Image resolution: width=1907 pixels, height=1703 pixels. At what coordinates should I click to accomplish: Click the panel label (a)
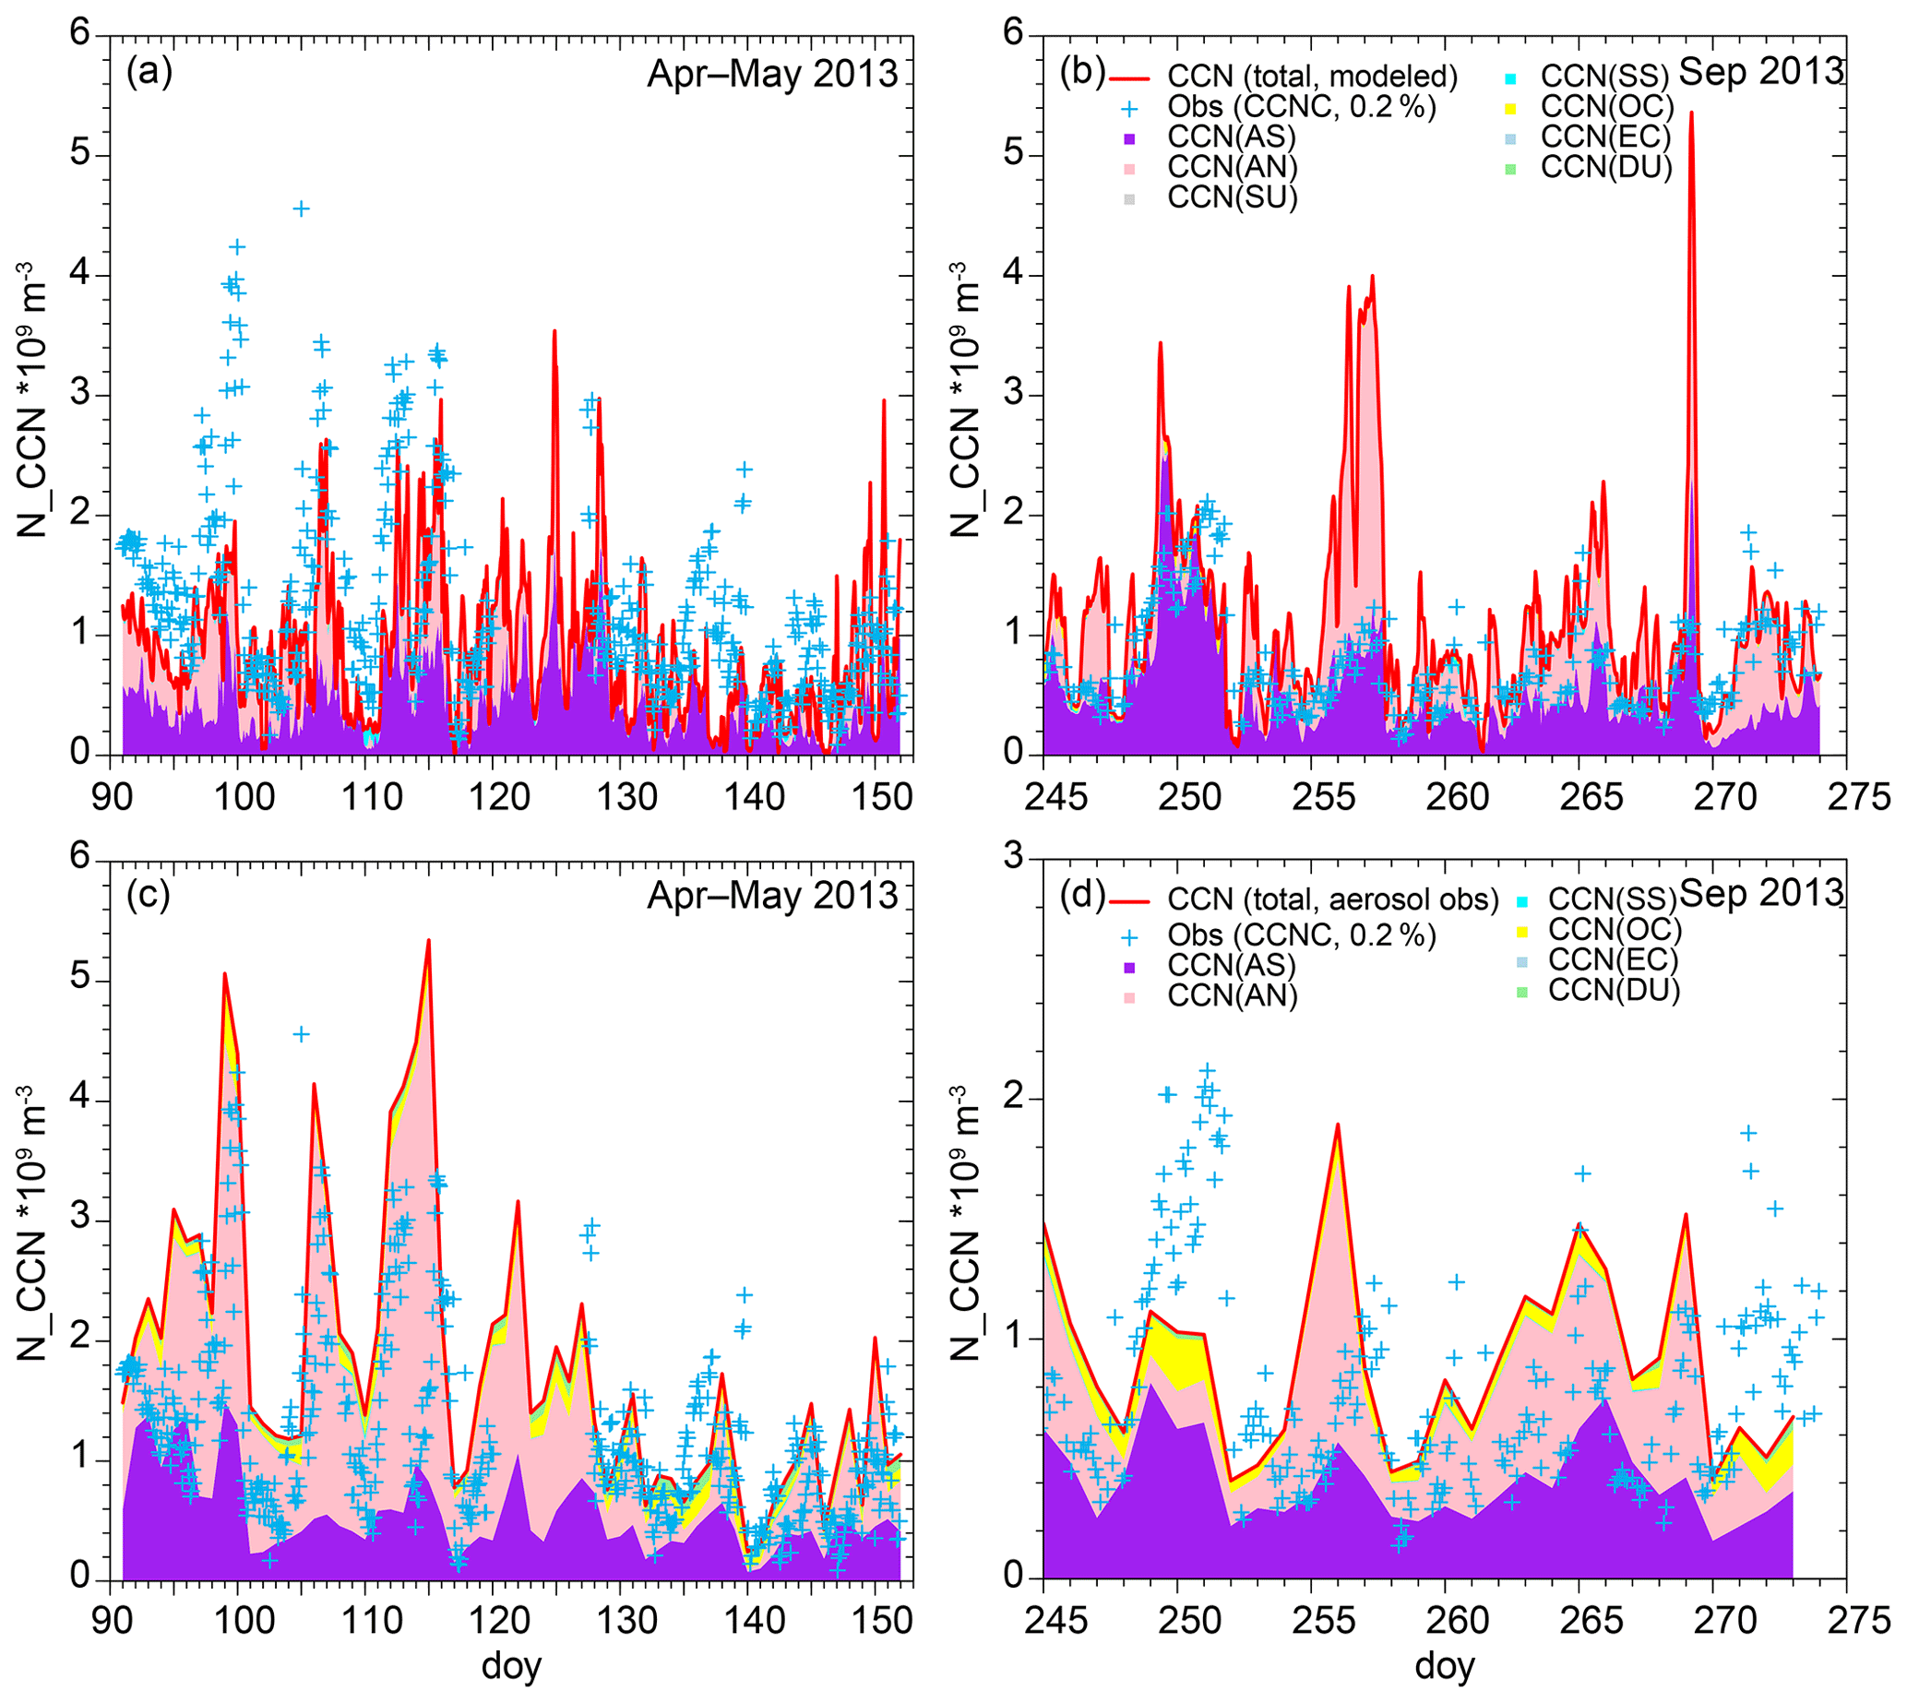149,72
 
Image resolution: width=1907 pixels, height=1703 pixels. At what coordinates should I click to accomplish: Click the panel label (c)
149,895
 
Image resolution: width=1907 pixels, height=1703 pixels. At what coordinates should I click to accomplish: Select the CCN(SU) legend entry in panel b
1233,198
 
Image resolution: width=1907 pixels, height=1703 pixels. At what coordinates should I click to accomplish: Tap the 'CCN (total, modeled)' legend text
1312,76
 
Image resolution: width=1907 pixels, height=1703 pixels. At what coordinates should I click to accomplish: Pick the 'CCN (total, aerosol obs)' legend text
1332,899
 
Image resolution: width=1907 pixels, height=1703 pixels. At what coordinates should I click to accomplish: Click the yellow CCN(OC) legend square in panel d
1521,931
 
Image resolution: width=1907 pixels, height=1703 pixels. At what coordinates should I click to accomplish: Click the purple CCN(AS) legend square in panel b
1129,138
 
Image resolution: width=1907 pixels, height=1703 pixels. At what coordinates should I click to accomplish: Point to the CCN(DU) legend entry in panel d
1614,990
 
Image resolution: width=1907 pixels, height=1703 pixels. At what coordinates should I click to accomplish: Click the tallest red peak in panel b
1691,113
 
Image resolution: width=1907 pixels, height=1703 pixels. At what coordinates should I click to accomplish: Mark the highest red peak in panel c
429,940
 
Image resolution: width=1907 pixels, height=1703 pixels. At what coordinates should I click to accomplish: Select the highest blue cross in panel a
301,208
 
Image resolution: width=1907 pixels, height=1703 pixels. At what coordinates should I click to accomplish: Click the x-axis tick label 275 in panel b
1845,797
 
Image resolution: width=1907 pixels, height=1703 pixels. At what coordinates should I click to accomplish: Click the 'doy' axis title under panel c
511,1668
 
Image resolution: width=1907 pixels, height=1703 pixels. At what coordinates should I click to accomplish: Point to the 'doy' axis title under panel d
1445,1668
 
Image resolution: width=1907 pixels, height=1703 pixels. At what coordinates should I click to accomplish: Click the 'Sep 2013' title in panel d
1761,893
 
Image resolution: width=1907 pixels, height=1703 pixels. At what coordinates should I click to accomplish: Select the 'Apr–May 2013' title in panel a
772,73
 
